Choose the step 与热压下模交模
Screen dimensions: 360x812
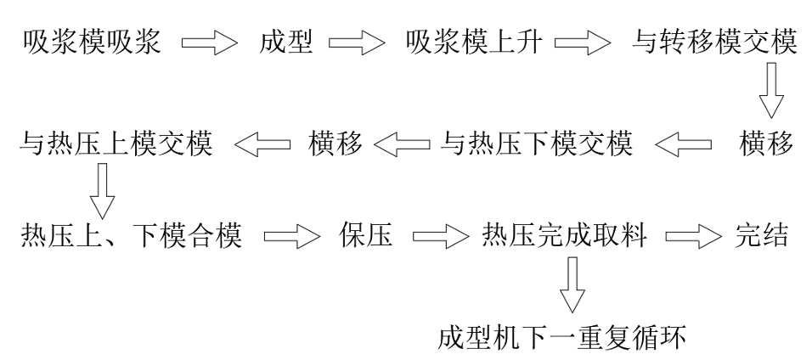click(x=537, y=143)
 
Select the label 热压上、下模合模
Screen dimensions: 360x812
click(x=131, y=237)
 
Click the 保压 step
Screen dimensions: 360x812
click(x=366, y=237)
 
